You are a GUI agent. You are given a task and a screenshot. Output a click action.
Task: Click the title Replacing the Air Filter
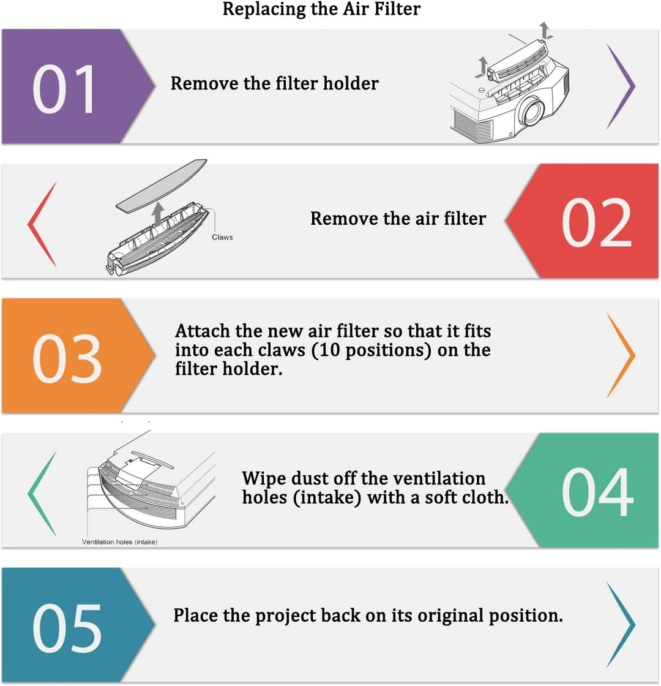click(x=321, y=9)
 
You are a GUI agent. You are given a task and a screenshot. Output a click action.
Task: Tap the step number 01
click(x=64, y=89)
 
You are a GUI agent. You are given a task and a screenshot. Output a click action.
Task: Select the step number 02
click(x=597, y=222)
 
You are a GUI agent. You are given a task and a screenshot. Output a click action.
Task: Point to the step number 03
click(x=67, y=358)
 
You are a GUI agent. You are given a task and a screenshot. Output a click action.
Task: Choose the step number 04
click(x=597, y=492)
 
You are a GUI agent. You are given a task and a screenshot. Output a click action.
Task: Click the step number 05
click(x=67, y=628)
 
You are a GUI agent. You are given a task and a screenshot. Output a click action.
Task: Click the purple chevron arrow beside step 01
click(x=621, y=86)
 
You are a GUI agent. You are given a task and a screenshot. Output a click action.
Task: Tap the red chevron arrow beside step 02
click(x=42, y=224)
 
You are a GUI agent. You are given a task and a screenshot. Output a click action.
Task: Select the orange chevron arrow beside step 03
click(x=621, y=355)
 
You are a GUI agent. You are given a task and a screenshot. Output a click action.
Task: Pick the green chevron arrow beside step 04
click(x=42, y=494)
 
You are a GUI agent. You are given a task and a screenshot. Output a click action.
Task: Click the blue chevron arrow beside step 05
click(x=621, y=625)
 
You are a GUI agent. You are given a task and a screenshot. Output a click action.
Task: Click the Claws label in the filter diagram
click(x=222, y=237)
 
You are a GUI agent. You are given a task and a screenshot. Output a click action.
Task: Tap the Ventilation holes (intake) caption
click(x=119, y=541)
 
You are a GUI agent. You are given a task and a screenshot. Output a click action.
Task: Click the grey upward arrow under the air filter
click(x=158, y=213)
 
